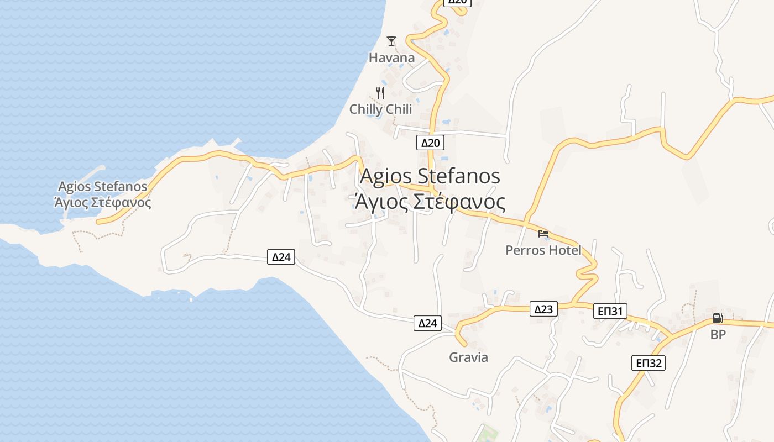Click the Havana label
391,57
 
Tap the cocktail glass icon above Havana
391,41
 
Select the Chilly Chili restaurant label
380,109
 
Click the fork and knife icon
380,92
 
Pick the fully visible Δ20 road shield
430,143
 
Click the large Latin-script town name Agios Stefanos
430,176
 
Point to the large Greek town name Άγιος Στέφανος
430,202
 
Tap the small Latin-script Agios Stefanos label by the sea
103,186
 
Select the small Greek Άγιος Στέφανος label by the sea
103,202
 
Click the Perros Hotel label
543,250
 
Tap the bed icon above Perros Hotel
543,234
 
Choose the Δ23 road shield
543,309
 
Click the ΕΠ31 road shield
610,311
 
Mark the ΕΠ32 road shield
649,363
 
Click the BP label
718,334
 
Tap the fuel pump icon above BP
718,318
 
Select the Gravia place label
468,357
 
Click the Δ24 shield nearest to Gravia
427,323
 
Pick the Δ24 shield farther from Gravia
281,256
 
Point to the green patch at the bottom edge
487,434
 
